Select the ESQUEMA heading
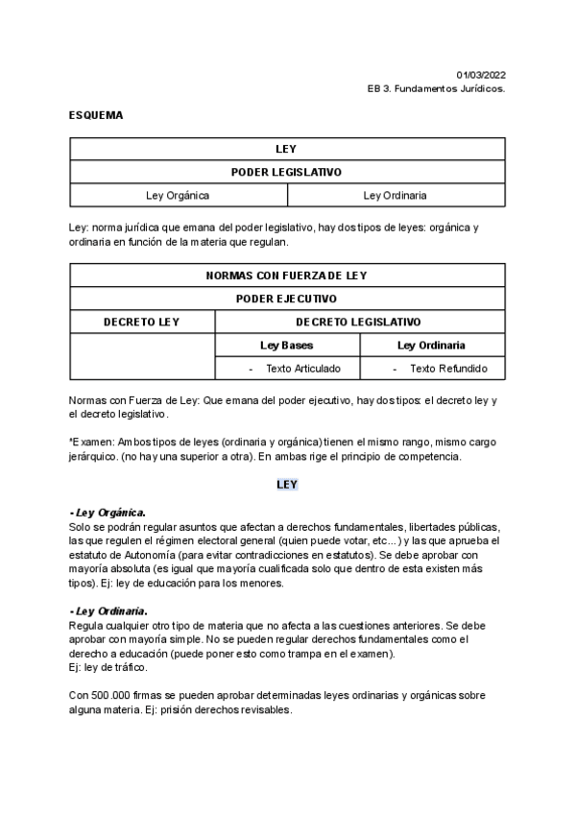pos(96,115)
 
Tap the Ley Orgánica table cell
pos(178,196)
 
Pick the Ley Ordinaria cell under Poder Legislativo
pos(396,196)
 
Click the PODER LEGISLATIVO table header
pos(287,173)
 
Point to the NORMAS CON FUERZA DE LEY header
pos(287,275)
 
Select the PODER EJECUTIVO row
pos(287,299)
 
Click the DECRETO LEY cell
pos(141,323)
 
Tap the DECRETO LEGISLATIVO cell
pos(359,323)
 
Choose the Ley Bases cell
pos(287,346)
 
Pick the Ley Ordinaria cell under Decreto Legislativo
pos(432,346)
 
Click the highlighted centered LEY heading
pos(287,485)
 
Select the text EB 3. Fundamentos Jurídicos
pos(437,88)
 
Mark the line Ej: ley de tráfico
pos(108,667)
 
